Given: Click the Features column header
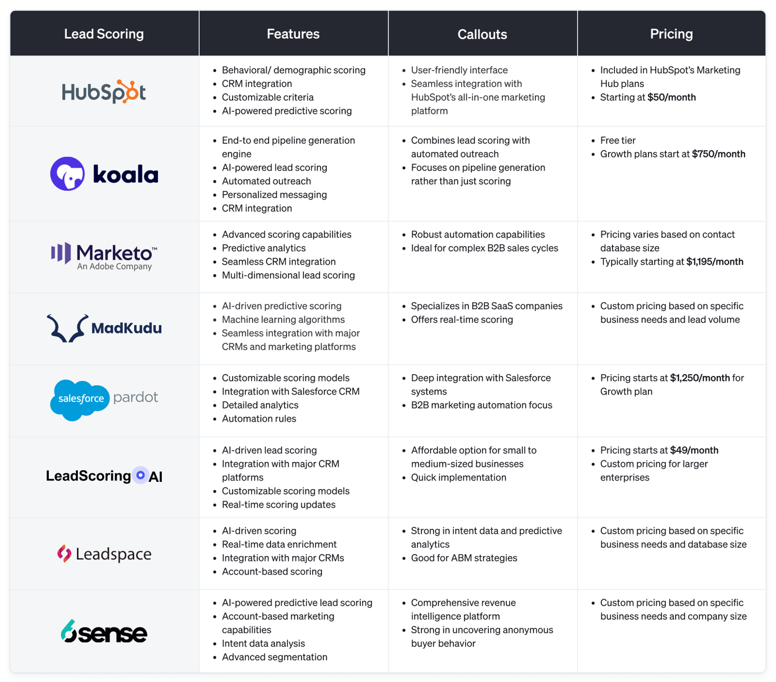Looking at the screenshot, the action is click(x=293, y=34).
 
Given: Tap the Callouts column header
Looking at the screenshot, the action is click(x=482, y=35).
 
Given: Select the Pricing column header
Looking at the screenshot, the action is click(x=671, y=34).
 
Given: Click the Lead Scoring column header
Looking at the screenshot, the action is click(x=104, y=34).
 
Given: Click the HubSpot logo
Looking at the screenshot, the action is click(x=104, y=92).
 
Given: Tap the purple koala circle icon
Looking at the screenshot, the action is click(x=68, y=174).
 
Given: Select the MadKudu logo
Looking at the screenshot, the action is click(x=104, y=328).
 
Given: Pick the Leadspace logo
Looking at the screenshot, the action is click(x=104, y=554).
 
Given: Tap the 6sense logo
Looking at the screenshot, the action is click(x=104, y=632).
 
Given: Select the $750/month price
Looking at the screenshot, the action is click(x=718, y=154).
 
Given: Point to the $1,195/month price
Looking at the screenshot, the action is click(x=715, y=262).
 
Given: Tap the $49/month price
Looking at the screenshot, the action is click(x=694, y=450).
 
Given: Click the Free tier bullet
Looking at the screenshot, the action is click(x=618, y=140).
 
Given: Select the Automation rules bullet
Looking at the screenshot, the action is click(x=259, y=419).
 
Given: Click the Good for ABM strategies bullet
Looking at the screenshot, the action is click(x=464, y=558).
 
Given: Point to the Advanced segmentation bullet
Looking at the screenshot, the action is click(x=274, y=657).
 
